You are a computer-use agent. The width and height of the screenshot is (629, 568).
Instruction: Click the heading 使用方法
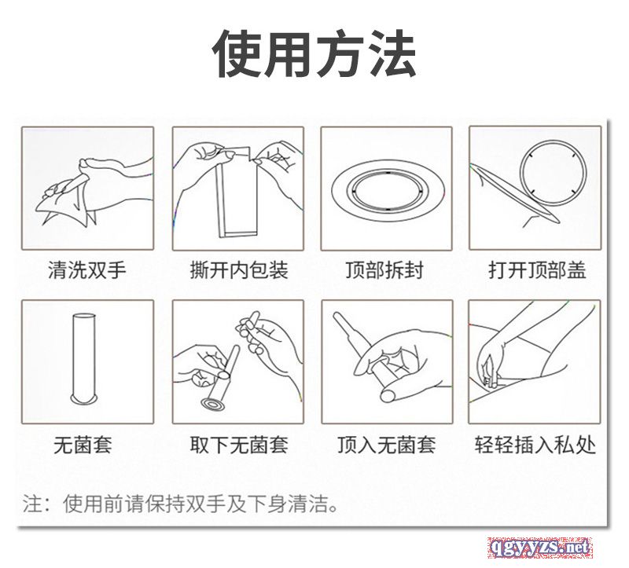[x=314, y=53]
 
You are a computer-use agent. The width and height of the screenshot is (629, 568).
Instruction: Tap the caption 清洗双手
[x=87, y=269]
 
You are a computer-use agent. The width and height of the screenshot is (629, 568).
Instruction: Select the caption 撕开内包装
[x=239, y=269]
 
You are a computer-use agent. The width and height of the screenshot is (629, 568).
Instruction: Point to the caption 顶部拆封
[x=384, y=269]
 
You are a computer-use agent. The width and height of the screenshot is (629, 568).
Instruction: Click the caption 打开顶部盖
[x=537, y=269]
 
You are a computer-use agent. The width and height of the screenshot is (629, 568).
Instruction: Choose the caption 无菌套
[x=83, y=445]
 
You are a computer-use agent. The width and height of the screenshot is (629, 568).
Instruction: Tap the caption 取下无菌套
[x=239, y=445]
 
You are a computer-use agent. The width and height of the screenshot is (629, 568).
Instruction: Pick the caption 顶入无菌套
[x=387, y=445]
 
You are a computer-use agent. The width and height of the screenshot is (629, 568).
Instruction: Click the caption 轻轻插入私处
[x=535, y=445]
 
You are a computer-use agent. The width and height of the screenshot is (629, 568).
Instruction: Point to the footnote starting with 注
[x=180, y=504]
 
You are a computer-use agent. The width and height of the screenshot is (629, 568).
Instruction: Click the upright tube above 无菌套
[x=84, y=358]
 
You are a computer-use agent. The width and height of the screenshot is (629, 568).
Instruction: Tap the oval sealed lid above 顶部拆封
[x=387, y=189]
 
